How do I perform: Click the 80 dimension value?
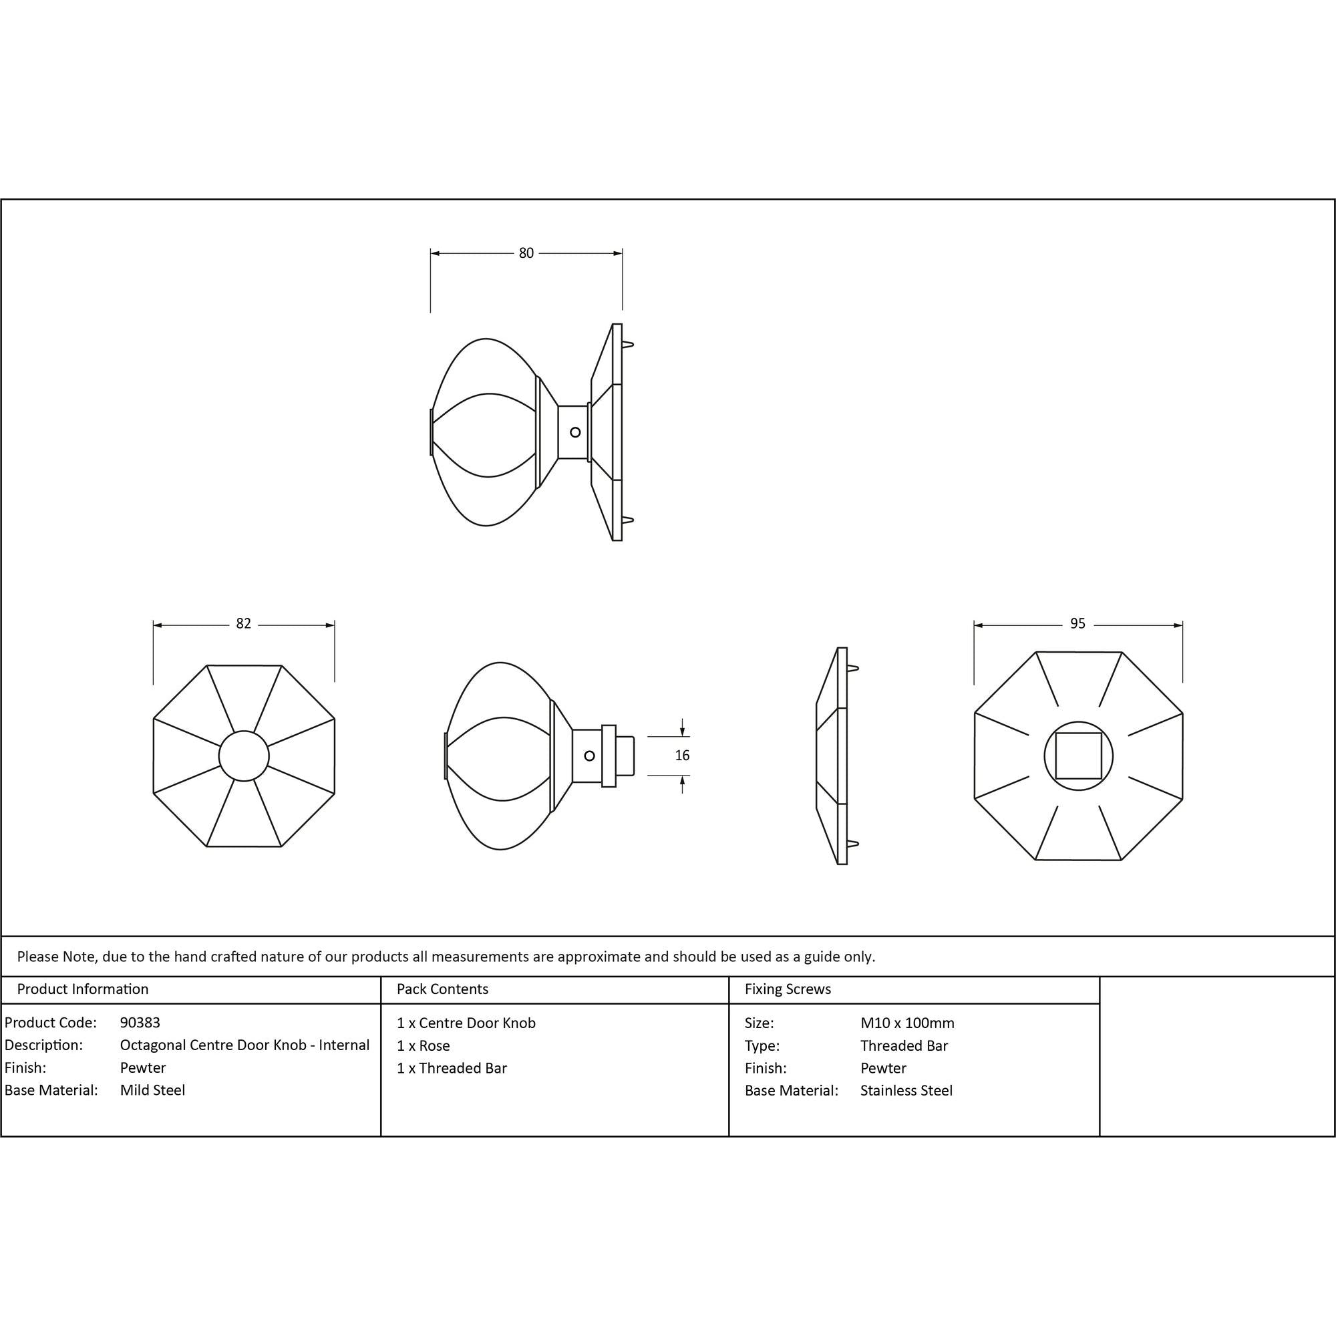pos(526,253)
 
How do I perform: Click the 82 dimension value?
pos(243,624)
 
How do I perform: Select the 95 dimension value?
pos(1077,624)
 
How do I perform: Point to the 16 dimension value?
pos(682,756)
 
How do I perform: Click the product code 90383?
pos(140,1022)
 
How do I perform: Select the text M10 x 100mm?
pos(907,1023)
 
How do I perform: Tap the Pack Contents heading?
pos(443,989)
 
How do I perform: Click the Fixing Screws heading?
pos(788,989)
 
